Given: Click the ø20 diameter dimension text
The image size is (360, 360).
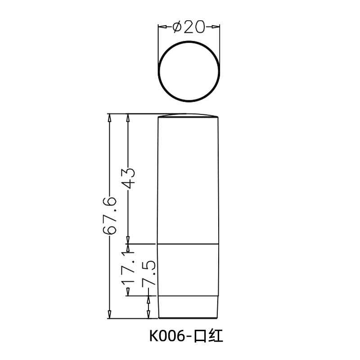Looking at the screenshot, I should tap(189, 27).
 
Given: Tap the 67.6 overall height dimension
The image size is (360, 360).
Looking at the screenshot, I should tap(109, 216).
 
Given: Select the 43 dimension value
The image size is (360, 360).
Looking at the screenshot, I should tap(129, 178).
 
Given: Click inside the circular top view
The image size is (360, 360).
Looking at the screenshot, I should tap(189, 71).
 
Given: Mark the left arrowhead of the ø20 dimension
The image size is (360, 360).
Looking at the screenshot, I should tap(161, 27).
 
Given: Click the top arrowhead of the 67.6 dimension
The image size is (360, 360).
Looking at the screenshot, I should tap(109, 117).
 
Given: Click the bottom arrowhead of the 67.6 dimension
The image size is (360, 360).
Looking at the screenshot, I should tap(109, 315).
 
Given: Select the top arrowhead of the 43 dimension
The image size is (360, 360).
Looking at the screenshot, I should tap(129, 117).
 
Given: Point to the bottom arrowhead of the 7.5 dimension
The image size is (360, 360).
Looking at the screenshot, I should tap(148, 315).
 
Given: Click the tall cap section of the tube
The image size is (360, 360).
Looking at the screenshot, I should tap(188, 180).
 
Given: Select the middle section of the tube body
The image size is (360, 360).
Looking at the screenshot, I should tap(188, 270).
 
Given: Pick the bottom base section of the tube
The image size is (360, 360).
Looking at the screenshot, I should tap(188, 307).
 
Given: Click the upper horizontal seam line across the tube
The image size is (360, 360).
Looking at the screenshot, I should tap(188, 244).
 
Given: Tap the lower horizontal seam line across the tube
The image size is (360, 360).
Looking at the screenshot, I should tap(188, 296).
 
